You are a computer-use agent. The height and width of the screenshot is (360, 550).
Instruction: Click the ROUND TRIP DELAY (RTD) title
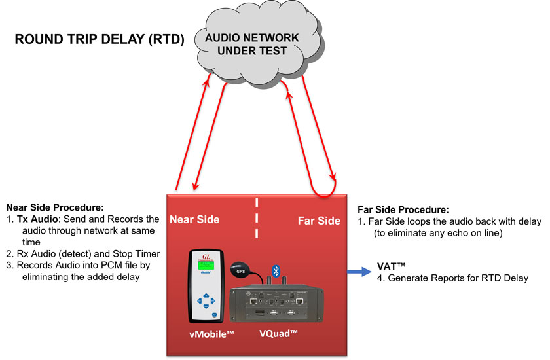point(99,41)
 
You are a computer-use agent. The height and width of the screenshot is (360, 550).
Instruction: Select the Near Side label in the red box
point(195,220)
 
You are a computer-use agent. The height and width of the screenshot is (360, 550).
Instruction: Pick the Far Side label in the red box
point(319,221)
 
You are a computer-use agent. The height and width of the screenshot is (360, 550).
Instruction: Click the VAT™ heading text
point(392,266)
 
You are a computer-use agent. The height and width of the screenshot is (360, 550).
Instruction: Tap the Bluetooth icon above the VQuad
point(276,270)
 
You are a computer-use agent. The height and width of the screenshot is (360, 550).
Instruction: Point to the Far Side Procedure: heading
point(403,210)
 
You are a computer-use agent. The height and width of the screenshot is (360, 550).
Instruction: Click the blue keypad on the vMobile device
point(207,302)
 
